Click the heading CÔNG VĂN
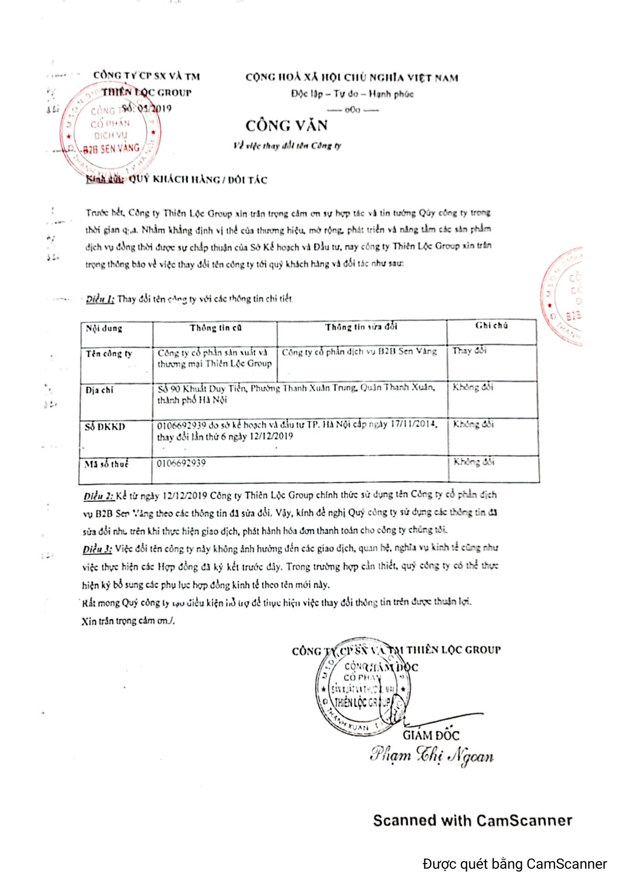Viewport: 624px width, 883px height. tap(286, 126)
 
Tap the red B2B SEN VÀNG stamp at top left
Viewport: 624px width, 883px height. tap(111, 129)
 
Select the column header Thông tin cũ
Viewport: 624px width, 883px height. tap(216, 328)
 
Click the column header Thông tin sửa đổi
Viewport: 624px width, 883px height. tap(361, 327)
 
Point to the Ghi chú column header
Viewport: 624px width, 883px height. tap(491, 326)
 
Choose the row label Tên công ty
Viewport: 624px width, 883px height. tap(109, 354)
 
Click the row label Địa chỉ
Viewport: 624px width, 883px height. tap(100, 390)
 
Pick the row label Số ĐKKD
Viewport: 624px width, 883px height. tap(105, 427)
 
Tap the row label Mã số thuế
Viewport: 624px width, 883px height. tap(107, 464)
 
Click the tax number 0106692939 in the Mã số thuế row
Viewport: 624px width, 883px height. tap(181, 464)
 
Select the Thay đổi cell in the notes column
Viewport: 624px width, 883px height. tap(469, 351)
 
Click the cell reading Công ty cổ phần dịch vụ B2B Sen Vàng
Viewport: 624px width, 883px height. tap(359, 352)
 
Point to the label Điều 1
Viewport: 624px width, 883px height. tap(100, 299)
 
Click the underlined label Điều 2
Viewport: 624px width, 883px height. tap(98, 496)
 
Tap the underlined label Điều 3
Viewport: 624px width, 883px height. tap(97, 549)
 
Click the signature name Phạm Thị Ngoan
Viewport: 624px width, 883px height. tap(431, 755)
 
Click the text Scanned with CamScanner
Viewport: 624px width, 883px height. tap(472, 821)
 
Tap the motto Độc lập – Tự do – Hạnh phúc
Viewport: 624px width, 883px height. tap(352, 94)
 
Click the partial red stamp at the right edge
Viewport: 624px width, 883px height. tap(563, 296)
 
